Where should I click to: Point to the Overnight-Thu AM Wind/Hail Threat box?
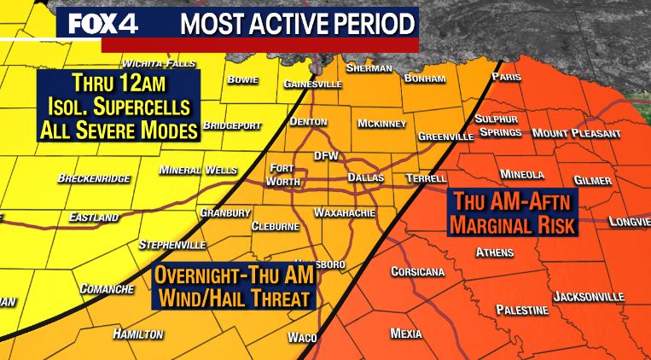(x=234, y=287)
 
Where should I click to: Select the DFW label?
(x=326, y=155)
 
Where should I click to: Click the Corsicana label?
(x=417, y=271)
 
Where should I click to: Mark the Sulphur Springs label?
(x=499, y=126)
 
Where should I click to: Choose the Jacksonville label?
(x=589, y=296)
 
